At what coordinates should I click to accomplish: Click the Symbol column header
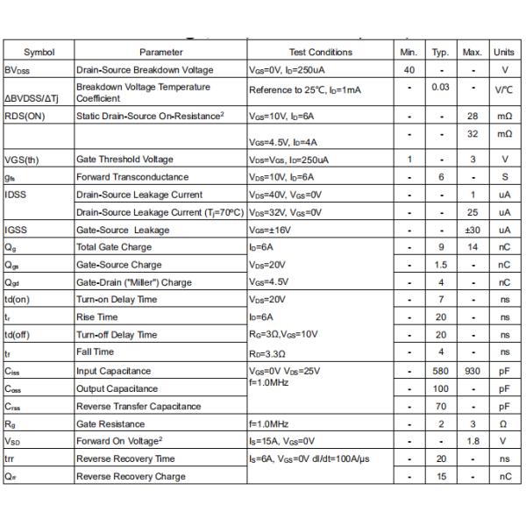pyautogui.click(x=39, y=53)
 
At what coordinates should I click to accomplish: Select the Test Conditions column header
pyautogui.click(x=320, y=53)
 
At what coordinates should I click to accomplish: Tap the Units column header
pyautogui.click(x=504, y=53)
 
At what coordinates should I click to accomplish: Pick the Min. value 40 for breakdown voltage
pyautogui.click(x=409, y=70)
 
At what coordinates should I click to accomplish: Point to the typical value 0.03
pyautogui.click(x=440, y=88)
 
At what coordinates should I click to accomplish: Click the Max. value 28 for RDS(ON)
pyautogui.click(x=472, y=116)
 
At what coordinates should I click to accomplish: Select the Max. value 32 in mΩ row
pyautogui.click(x=472, y=134)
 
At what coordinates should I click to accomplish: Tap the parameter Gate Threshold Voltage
pyautogui.click(x=124, y=160)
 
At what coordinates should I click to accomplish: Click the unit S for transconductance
pyautogui.click(x=504, y=177)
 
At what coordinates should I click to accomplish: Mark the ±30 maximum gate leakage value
pyautogui.click(x=472, y=230)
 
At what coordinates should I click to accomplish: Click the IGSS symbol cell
pyautogui.click(x=17, y=230)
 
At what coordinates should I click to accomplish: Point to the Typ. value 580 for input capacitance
pyautogui.click(x=440, y=371)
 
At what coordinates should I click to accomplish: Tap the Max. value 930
pyautogui.click(x=472, y=371)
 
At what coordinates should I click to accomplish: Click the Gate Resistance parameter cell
pyautogui.click(x=111, y=423)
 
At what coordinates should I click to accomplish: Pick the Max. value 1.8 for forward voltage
pyautogui.click(x=472, y=441)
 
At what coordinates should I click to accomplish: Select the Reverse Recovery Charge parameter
pyautogui.click(x=131, y=476)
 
